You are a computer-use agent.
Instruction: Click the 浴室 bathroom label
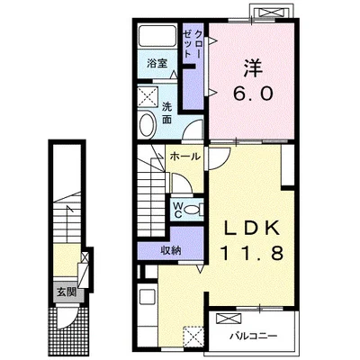pos(157,64)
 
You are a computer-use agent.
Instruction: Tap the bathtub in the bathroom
pos(157,36)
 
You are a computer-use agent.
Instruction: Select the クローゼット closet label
pos(193,44)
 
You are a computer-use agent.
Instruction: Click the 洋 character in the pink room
pos(253,68)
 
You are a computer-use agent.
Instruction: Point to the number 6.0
pos(253,93)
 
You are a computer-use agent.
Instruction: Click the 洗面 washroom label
pos(166,113)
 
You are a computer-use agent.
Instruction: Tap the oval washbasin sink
pos(148,124)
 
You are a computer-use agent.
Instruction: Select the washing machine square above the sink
pos(148,96)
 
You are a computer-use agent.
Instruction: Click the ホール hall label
pos(184,157)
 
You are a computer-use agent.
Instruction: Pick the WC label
pos(177,210)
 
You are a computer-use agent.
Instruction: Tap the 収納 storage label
pos(171,250)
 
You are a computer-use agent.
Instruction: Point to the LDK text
pos(250,229)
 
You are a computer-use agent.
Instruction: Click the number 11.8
pos(252,253)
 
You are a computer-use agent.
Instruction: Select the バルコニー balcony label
pos(253,336)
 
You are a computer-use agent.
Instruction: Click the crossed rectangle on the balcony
pos(229,319)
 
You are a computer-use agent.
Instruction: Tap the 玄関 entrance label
pos(67,292)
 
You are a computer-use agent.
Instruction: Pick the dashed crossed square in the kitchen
pos(193,337)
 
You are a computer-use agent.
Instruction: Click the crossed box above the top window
pos(271,13)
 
